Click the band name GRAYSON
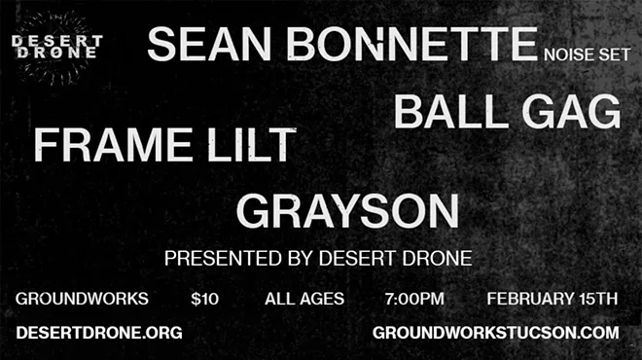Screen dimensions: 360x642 (347, 211)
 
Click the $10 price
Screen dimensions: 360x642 (205, 299)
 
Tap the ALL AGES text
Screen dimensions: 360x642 (304, 299)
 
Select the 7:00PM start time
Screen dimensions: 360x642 (415, 299)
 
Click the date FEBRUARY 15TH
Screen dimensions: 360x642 (552, 299)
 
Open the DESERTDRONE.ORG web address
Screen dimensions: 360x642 (99, 333)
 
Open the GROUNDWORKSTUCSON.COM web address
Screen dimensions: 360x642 (496, 333)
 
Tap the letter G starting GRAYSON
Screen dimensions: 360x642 (253, 211)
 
